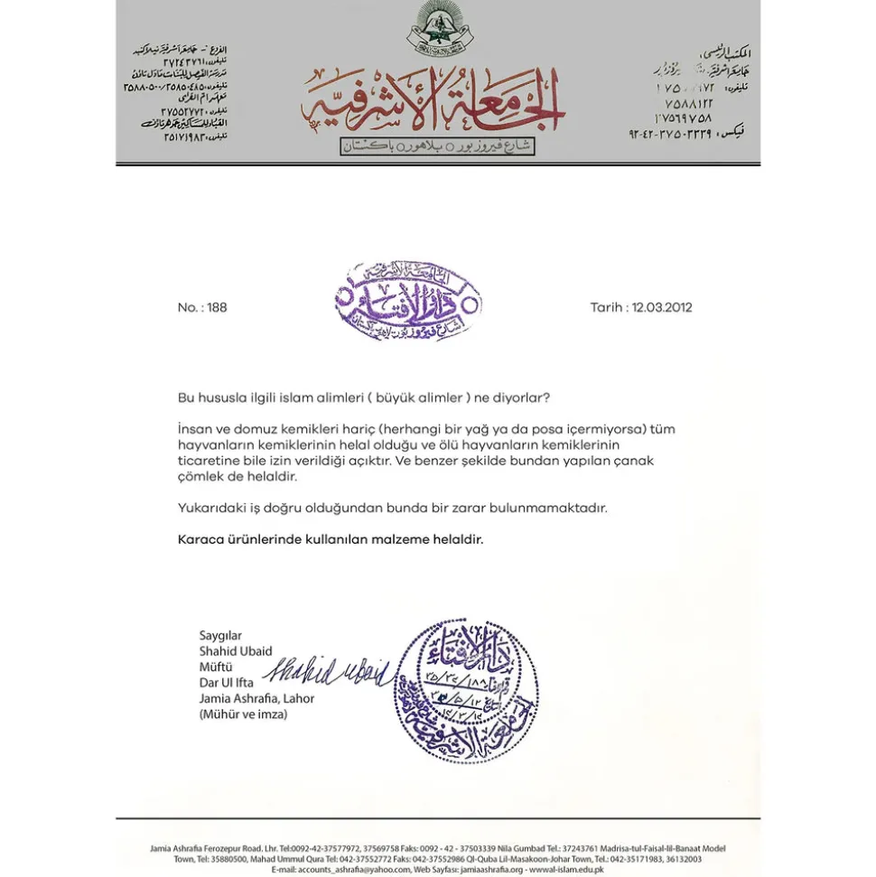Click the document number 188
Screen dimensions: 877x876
tap(217, 307)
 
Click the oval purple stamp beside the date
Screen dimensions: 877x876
tap(408, 302)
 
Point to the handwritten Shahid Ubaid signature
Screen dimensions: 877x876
tap(327, 672)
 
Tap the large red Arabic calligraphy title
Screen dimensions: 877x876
tap(433, 104)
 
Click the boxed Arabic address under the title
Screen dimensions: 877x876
tap(438, 146)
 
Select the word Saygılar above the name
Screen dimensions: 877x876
tap(220, 636)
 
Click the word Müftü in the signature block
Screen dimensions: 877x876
tap(216, 667)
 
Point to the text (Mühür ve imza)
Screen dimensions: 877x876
tap(243, 714)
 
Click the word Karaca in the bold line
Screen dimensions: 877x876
tap(200, 539)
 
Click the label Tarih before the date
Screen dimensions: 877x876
tap(607, 307)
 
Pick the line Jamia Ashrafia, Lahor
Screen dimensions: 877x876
tap(256, 698)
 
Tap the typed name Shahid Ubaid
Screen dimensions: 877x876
tap(235, 651)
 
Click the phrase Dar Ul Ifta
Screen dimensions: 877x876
tap(226, 683)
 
